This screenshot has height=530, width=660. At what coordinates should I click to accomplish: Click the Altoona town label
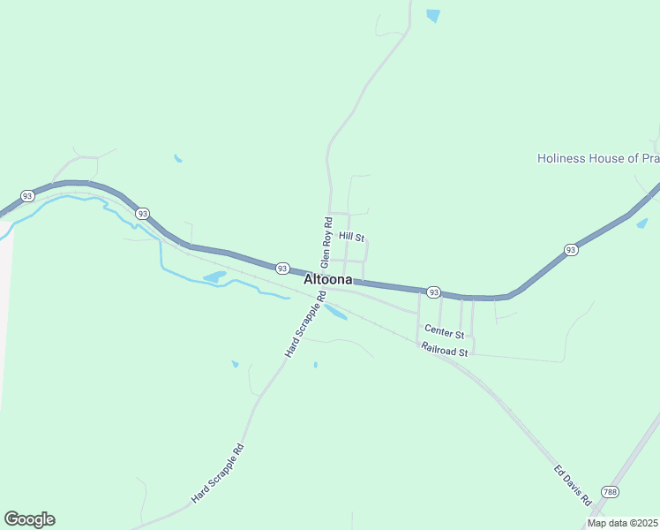coord(328,279)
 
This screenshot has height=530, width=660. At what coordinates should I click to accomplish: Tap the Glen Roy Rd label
coord(326,242)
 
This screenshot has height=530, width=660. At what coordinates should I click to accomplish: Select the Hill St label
coord(352,238)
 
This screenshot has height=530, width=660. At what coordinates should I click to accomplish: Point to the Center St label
coord(444,332)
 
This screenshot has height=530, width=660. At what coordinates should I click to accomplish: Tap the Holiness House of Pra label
coord(598,158)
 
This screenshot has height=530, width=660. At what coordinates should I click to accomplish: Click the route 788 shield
coord(610,491)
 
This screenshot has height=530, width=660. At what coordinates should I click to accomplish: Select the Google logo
coord(29,519)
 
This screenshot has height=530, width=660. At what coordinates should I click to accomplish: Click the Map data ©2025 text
coord(621,523)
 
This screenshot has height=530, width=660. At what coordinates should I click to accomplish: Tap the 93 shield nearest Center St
coord(433,291)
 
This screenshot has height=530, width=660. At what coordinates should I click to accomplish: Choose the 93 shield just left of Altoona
coord(281,268)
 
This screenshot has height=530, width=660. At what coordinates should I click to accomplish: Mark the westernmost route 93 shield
coord(27,195)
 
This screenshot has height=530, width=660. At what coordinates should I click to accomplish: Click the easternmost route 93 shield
coord(571,250)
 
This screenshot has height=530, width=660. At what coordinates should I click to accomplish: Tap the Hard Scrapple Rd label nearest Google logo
coord(217,474)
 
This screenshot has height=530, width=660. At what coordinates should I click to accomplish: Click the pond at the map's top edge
coord(432,15)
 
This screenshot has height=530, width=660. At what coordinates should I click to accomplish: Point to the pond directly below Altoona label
coord(335,312)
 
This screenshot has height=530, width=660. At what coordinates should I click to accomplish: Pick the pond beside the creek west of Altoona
coord(214,277)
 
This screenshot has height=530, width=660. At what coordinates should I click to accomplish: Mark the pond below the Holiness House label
coord(642,223)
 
